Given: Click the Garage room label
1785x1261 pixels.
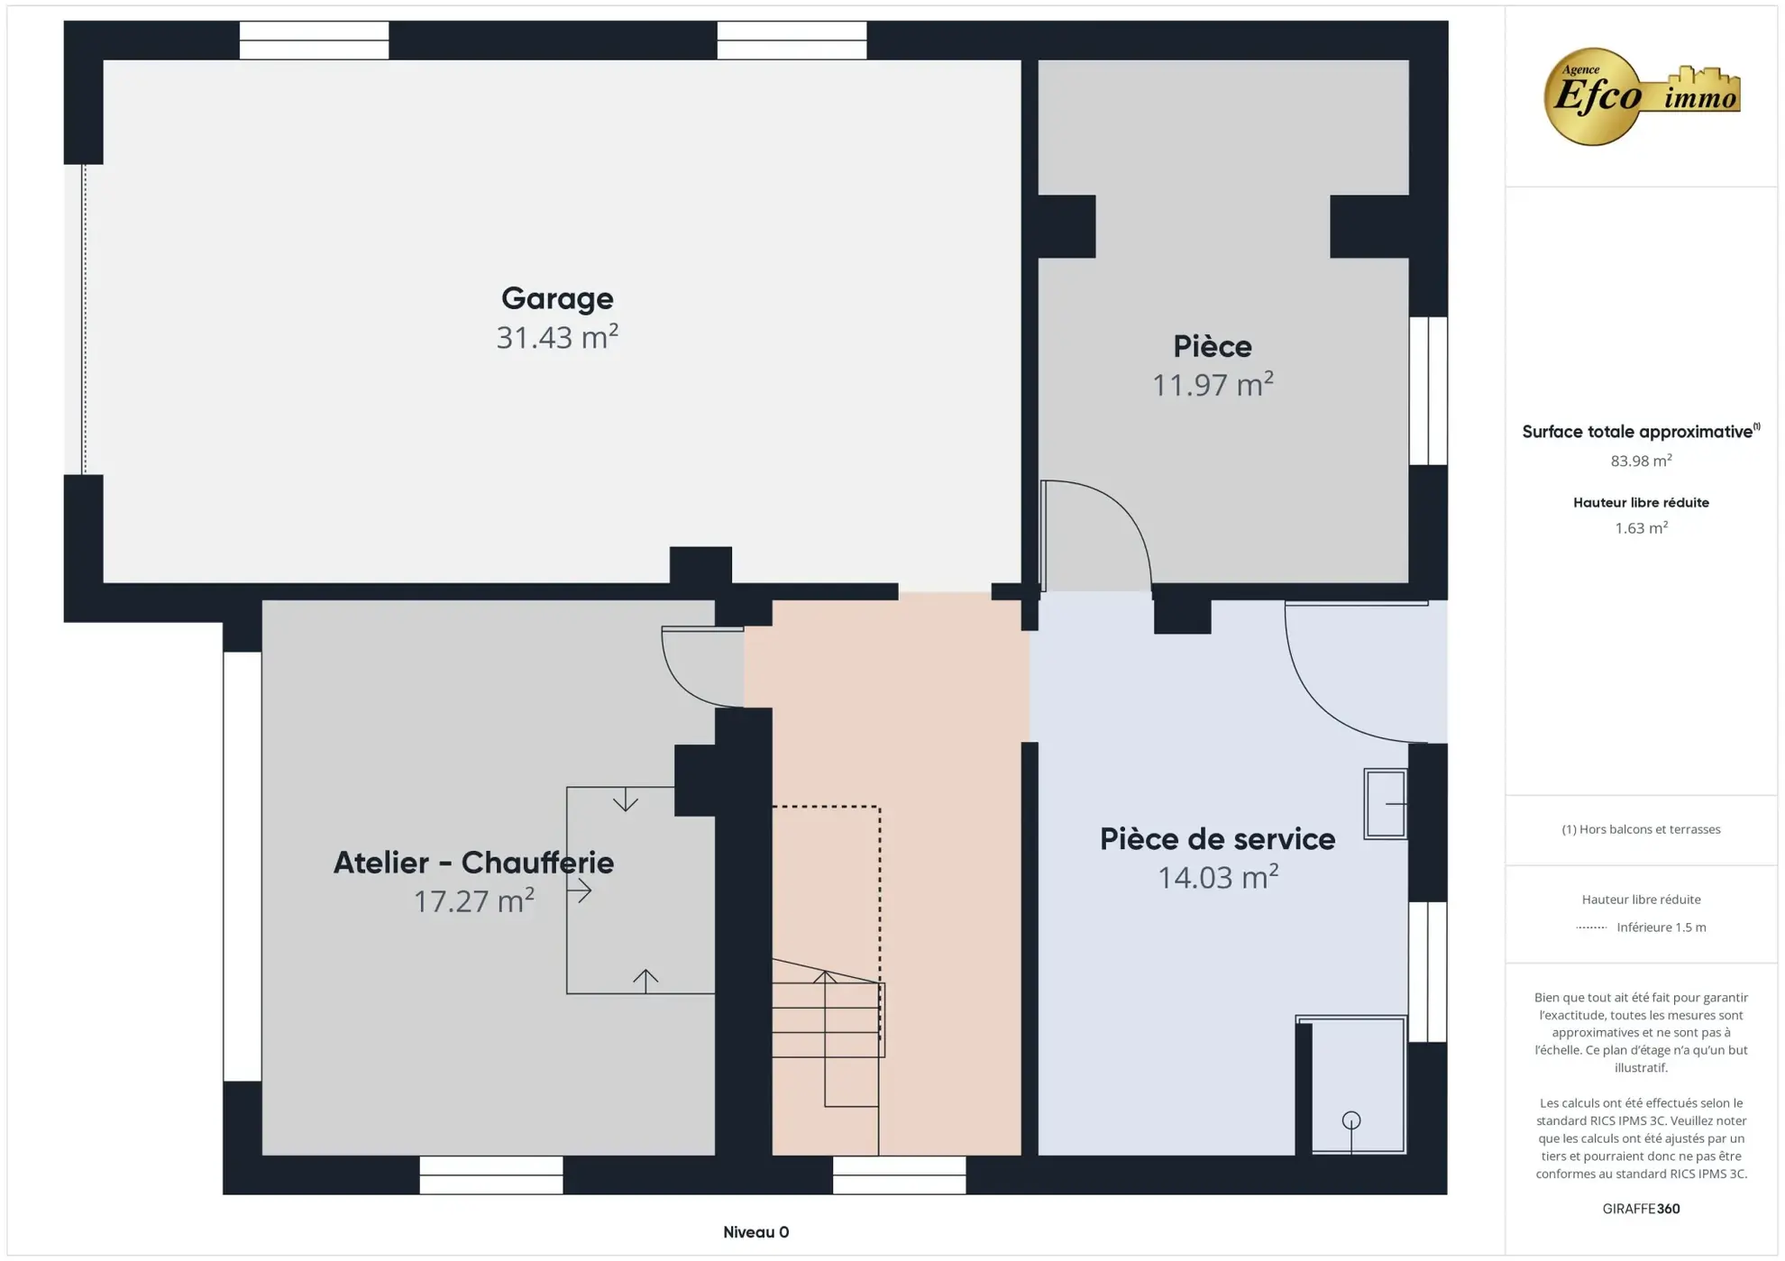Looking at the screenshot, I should tap(557, 298).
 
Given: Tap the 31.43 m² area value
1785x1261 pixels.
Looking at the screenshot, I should tap(557, 337).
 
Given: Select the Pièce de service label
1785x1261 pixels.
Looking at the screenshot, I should tap(1217, 839).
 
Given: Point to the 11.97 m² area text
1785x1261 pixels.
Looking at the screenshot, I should tap(1213, 385).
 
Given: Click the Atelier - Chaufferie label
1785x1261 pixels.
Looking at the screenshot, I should tap(473, 863).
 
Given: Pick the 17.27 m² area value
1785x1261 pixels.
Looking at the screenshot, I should tap(473, 900).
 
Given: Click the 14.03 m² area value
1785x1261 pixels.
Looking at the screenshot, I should tap(1217, 877).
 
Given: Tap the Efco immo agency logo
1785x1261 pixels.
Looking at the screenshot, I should tap(1641, 96).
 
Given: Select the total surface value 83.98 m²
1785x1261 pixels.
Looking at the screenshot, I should tap(1641, 461).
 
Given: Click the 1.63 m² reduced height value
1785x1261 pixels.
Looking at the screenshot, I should tap(1641, 528).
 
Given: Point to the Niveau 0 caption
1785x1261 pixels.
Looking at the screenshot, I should tap(755, 1232).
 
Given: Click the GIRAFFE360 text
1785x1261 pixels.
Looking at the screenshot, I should tap(1641, 1209).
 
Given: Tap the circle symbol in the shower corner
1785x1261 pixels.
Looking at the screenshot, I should tap(1350, 1120).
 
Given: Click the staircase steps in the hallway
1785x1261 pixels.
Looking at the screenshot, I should tap(826, 1019).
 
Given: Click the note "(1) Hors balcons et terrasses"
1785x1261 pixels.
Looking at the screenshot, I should tap(1641, 829).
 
